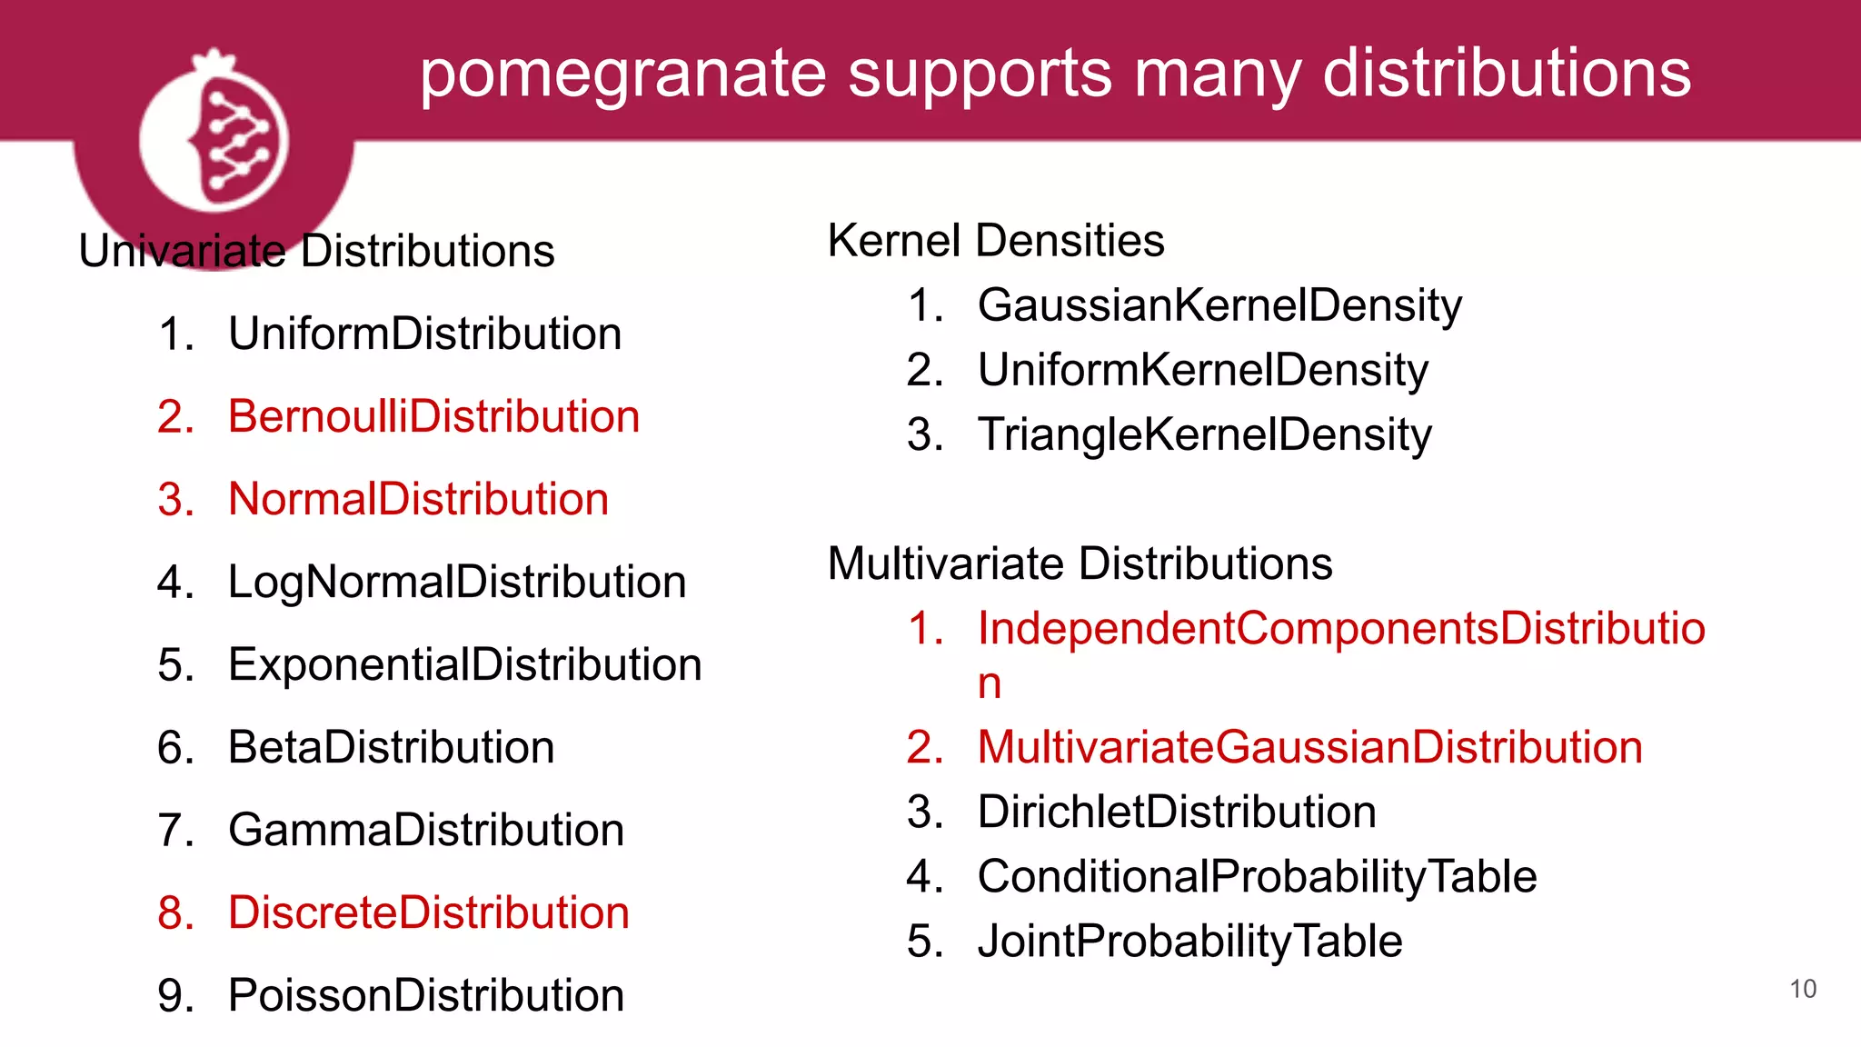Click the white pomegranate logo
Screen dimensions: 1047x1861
(x=214, y=133)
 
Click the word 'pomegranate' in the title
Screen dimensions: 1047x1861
(x=622, y=75)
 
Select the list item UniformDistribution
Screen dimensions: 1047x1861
(x=424, y=334)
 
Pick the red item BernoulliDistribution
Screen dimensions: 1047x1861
(x=433, y=416)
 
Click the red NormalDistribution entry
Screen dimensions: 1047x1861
(x=418, y=499)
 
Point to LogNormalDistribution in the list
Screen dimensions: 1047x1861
(x=456, y=582)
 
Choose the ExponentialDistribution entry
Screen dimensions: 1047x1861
(x=464, y=664)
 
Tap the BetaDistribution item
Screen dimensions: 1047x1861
(x=391, y=747)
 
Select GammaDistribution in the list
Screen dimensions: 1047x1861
(x=425, y=830)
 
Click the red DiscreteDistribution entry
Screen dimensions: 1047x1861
(x=428, y=912)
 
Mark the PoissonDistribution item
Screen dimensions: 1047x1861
(x=425, y=995)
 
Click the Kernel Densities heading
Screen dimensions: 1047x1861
(x=996, y=241)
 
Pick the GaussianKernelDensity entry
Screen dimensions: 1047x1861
(x=1219, y=305)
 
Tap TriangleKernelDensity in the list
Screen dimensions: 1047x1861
(x=1204, y=434)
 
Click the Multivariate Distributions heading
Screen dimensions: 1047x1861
(x=1080, y=563)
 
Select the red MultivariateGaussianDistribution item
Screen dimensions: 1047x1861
(x=1309, y=747)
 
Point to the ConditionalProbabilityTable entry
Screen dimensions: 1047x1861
(x=1257, y=876)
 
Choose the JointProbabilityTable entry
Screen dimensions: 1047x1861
(x=1189, y=941)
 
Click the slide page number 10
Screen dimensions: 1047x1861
(x=1803, y=989)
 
